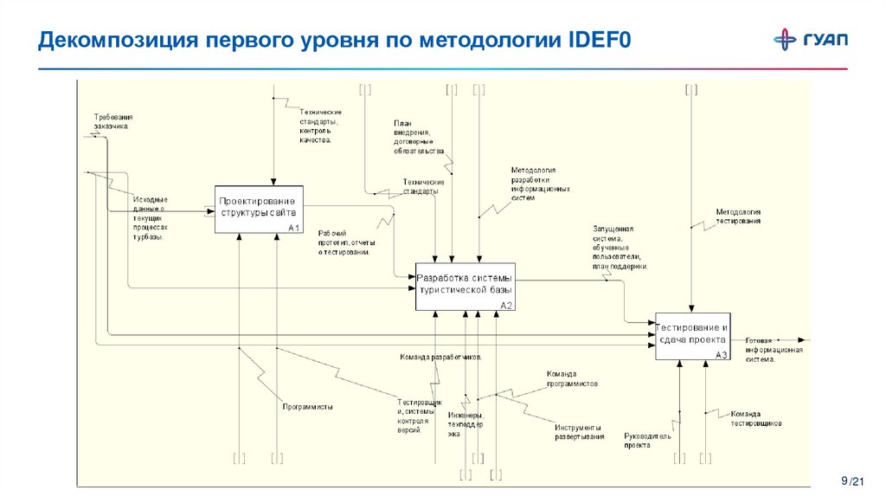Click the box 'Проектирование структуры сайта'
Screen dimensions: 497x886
point(260,209)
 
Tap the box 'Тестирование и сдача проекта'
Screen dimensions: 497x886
point(692,336)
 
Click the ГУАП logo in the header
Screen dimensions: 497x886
point(811,40)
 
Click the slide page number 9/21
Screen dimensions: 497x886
point(853,481)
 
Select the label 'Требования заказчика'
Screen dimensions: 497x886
point(111,121)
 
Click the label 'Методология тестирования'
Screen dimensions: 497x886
point(738,216)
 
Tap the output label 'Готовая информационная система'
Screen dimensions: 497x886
point(774,349)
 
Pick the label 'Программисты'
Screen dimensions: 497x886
point(307,406)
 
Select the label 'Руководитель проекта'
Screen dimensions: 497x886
point(647,441)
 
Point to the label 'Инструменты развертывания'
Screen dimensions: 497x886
point(579,432)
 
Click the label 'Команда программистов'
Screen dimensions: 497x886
point(572,378)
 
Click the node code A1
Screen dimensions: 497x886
point(293,228)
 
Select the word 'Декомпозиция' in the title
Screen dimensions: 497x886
point(117,41)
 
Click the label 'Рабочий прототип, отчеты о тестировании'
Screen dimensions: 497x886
point(344,242)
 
